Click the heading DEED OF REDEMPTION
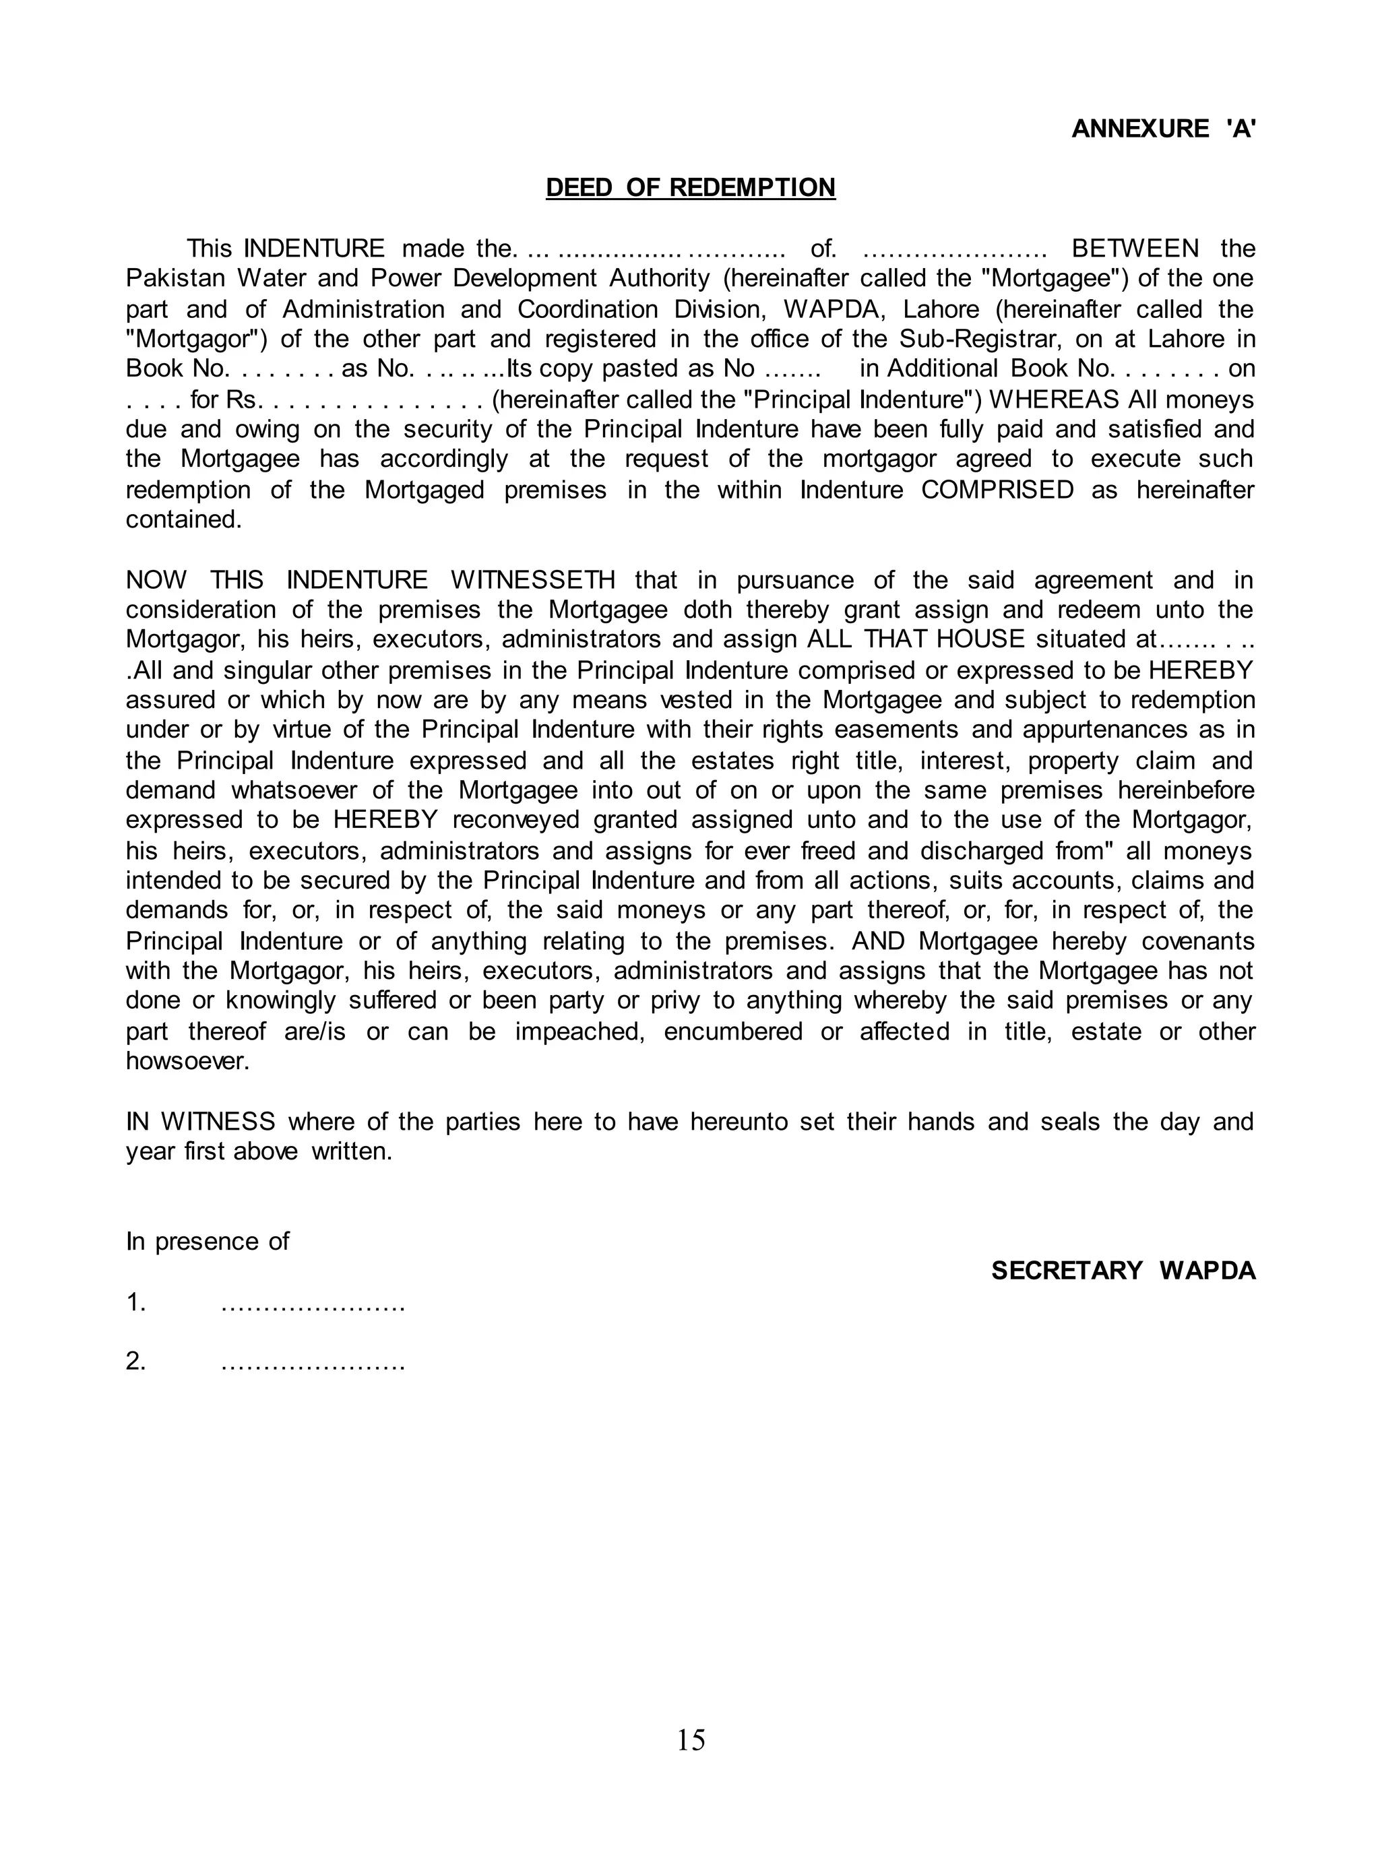point(690,187)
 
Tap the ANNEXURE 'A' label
point(1163,129)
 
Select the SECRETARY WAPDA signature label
point(1123,1271)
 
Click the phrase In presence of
point(207,1241)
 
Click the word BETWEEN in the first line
point(1135,248)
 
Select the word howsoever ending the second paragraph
point(187,1062)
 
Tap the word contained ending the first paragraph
point(183,519)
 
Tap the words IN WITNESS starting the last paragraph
point(201,1122)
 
